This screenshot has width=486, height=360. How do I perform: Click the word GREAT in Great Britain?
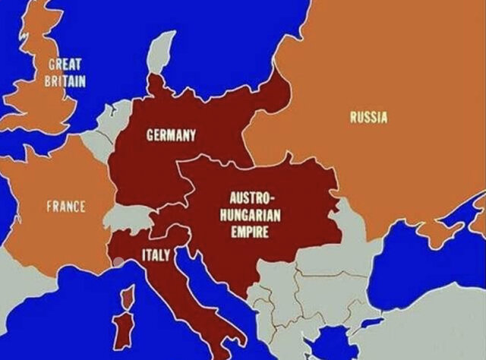pyautogui.click(x=65, y=65)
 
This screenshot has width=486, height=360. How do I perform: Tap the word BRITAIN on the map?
pyautogui.click(x=65, y=81)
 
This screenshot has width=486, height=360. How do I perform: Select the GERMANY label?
pyautogui.click(x=171, y=136)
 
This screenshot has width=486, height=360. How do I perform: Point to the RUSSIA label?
pyautogui.click(x=368, y=117)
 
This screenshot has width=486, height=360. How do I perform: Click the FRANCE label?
pyautogui.click(x=66, y=207)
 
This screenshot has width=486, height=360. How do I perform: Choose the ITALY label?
pyautogui.click(x=156, y=254)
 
